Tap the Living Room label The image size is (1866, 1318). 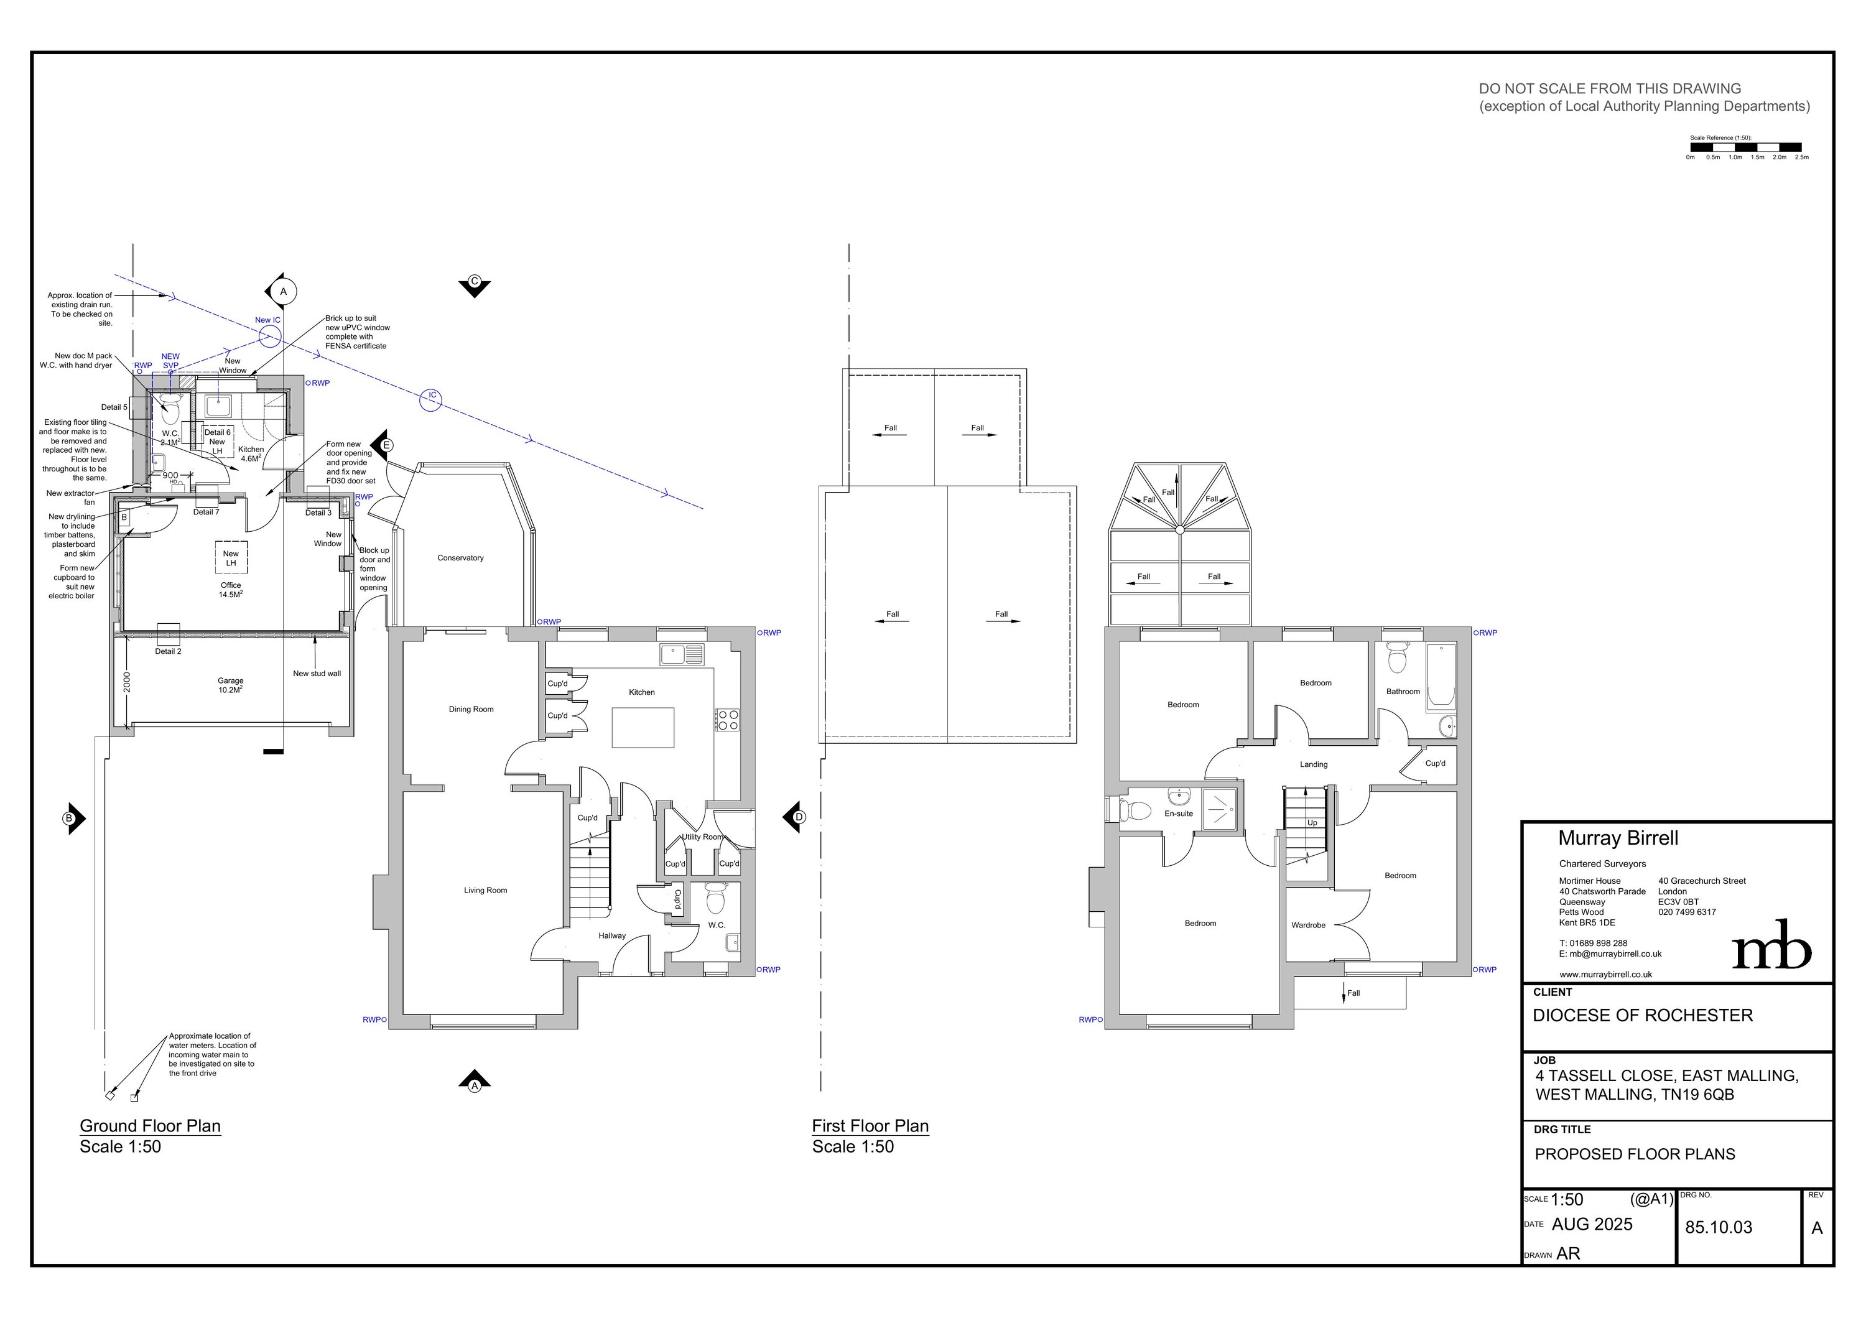[485, 890]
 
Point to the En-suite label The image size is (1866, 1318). [1179, 814]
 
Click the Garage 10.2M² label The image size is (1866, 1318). [230, 685]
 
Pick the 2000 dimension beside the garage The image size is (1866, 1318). [127, 681]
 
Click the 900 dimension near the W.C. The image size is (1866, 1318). [170, 475]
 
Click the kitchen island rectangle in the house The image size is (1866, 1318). [643, 727]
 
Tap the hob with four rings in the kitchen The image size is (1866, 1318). [727, 720]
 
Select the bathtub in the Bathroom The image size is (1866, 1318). [1440, 675]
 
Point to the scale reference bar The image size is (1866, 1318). [1746, 148]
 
